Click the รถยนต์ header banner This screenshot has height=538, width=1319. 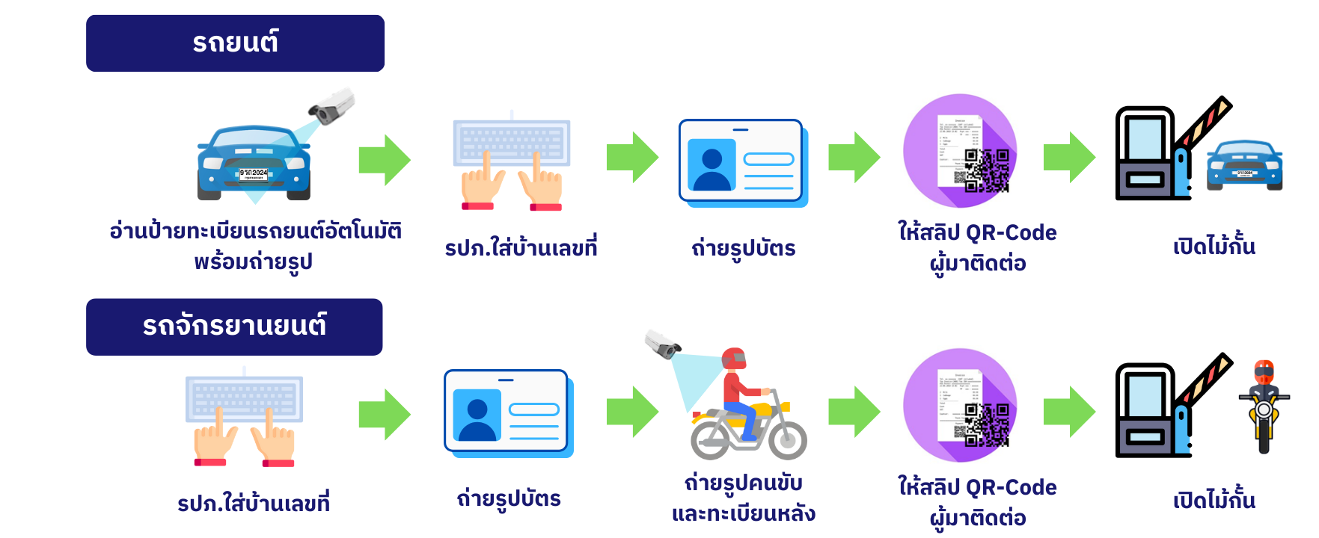click(235, 43)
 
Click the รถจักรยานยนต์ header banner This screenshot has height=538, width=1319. click(234, 327)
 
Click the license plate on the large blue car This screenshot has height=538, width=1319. click(254, 174)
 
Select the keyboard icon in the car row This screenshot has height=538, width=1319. click(512, 142)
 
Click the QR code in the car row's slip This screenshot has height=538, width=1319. click(986, 170)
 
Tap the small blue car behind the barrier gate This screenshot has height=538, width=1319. click(1243, 165)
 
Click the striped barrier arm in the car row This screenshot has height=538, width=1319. click(1204, 123)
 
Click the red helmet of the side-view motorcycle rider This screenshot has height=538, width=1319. click(734, 359)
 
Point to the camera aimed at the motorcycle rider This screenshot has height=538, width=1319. click(663, 344)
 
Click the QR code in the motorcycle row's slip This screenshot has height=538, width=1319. click(986, 424)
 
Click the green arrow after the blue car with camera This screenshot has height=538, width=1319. click(385, 160)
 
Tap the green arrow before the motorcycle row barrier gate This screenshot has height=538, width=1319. click(1069, 412)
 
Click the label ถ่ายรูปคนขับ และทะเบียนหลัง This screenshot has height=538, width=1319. click(743, 498)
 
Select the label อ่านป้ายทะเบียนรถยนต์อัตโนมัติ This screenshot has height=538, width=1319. click(255, 231)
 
